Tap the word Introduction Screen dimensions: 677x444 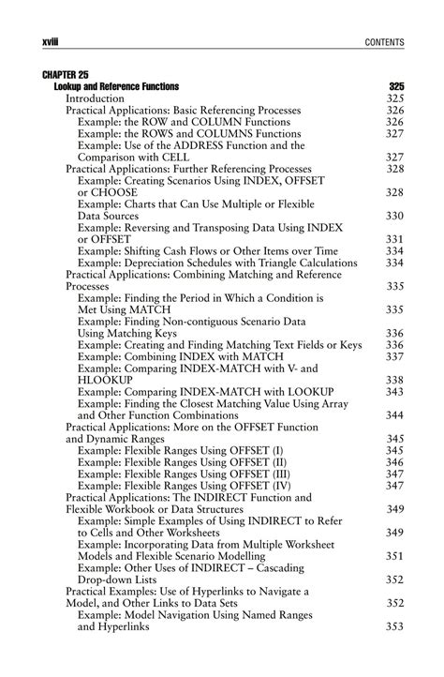point(95,98)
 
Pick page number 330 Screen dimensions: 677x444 point(394,216)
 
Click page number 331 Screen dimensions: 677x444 point(394,239)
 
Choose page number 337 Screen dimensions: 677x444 point(394,356)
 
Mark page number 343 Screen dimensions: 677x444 point(394,391)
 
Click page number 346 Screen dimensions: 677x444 point(394,462)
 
